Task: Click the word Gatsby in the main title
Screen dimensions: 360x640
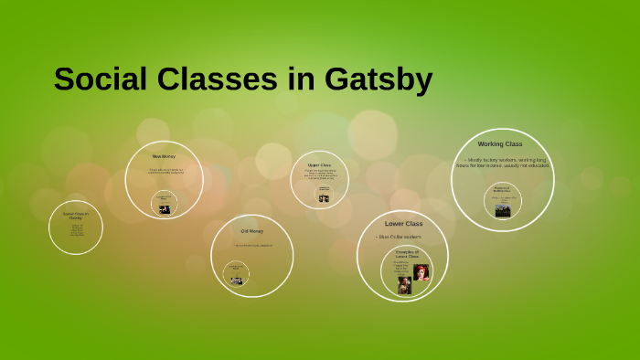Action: point(376,80)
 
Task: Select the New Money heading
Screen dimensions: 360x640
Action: point(164,156)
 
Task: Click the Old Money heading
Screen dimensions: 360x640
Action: point(251,231)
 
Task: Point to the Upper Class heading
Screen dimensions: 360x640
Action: point(319,165)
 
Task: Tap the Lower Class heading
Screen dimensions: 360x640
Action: point(403,224)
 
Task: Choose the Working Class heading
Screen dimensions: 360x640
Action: point(499,144)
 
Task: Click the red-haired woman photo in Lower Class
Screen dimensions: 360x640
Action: point(421,272)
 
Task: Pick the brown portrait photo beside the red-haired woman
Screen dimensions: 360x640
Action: point(404,285)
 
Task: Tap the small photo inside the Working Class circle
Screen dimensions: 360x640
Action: point(502,209)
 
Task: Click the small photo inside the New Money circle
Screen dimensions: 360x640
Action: point(165,209)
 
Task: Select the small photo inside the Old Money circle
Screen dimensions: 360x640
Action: point(237,281)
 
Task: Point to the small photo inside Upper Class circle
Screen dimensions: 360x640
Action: point(324,198)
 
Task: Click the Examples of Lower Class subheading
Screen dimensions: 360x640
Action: point(407,254)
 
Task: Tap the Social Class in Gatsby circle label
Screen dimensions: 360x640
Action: point(75,216)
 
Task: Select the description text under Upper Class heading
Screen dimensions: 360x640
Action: point(320,175)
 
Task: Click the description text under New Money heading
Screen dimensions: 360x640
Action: point(166,171)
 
